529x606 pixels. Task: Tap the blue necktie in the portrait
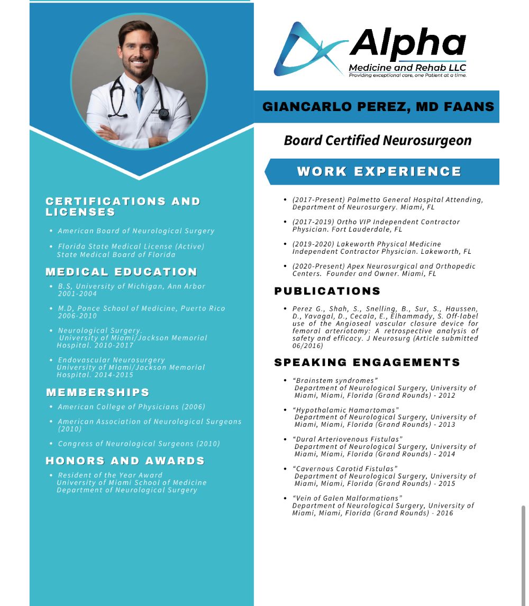139,98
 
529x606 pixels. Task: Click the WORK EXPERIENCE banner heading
379,172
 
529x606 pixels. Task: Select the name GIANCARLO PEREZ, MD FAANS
378,107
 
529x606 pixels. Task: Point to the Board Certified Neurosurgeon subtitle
377,141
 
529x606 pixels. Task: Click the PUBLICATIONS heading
327,291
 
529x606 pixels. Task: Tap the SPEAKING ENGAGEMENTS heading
367,363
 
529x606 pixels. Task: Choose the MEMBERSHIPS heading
98,392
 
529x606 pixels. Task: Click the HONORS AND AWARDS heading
125,461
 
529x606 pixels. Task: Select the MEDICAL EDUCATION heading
121,272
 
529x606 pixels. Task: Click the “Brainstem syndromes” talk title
335,381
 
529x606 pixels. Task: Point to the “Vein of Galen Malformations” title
347,498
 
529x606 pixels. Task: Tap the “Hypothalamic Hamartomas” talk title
345,410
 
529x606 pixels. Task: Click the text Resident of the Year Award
110,475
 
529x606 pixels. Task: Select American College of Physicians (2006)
131,407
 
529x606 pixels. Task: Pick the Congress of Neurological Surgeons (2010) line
139,444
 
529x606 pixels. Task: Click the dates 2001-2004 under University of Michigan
77,293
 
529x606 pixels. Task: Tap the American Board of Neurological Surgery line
136,231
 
